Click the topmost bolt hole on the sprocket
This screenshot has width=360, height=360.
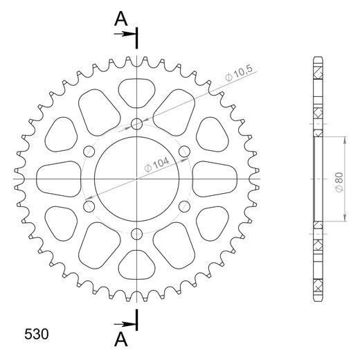coord(137,125)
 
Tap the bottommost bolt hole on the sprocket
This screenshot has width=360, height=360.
coord(137,233)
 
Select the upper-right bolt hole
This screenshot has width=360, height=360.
coord(184,152)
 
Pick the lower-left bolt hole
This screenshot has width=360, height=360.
coord(90,206)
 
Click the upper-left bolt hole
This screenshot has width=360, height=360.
coord(90,152)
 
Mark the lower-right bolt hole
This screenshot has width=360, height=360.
coord(184,206)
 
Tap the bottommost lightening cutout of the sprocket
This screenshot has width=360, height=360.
coord(137,266)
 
